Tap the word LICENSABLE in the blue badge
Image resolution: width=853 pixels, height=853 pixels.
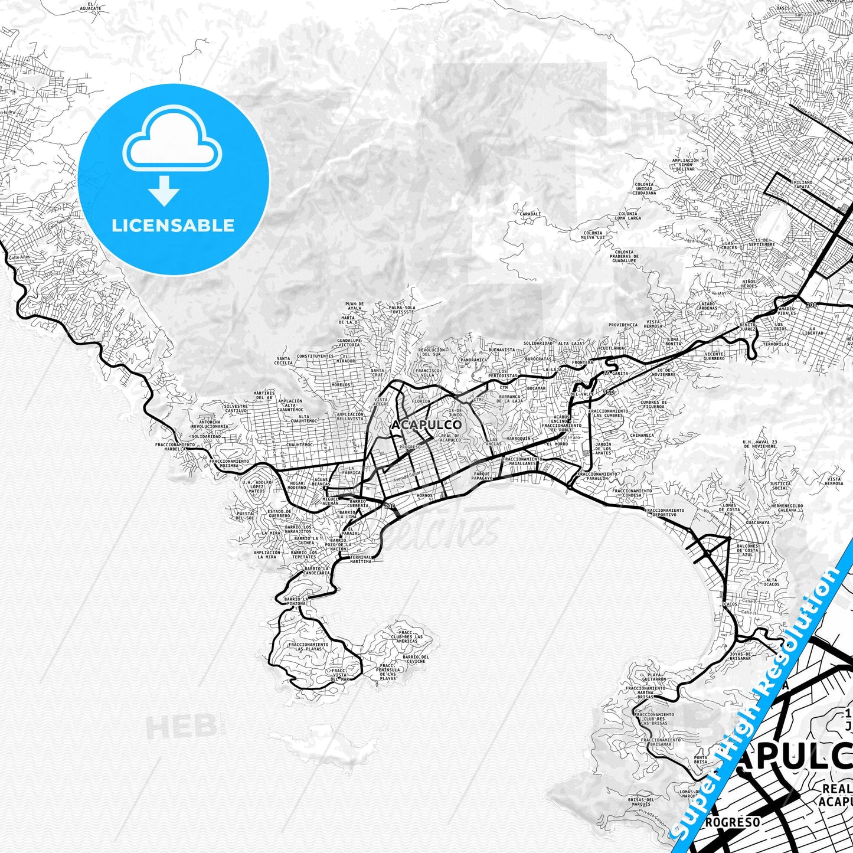coord(173,225)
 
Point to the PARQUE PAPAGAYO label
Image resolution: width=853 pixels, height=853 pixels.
coord(482,476)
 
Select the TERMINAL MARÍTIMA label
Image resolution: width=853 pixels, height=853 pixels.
coord(361,559)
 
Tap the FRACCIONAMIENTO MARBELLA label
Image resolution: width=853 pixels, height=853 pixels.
coord(175,446)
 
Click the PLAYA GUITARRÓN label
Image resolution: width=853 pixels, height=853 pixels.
coord(653,677)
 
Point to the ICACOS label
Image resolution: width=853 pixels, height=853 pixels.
coord(729,604)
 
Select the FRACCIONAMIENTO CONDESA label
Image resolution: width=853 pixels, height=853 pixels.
coord(632,493)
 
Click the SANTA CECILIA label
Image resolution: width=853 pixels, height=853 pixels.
coord(283,361)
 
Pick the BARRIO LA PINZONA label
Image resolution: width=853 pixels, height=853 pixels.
coord(295,602)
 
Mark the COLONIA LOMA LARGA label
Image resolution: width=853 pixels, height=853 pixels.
coord(628,215)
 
